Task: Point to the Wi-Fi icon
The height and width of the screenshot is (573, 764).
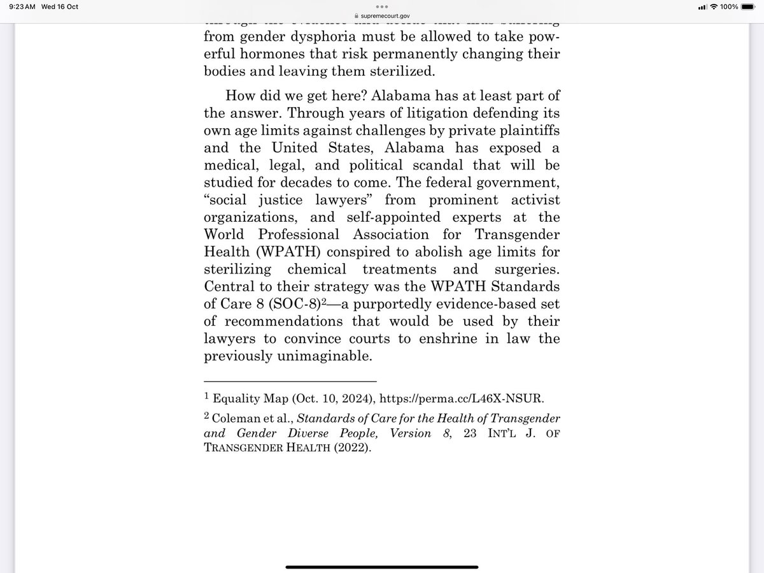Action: pos(714,6)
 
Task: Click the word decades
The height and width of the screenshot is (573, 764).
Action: pos(327,183)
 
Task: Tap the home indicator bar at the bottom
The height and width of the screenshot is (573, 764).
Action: pos(382,566)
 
